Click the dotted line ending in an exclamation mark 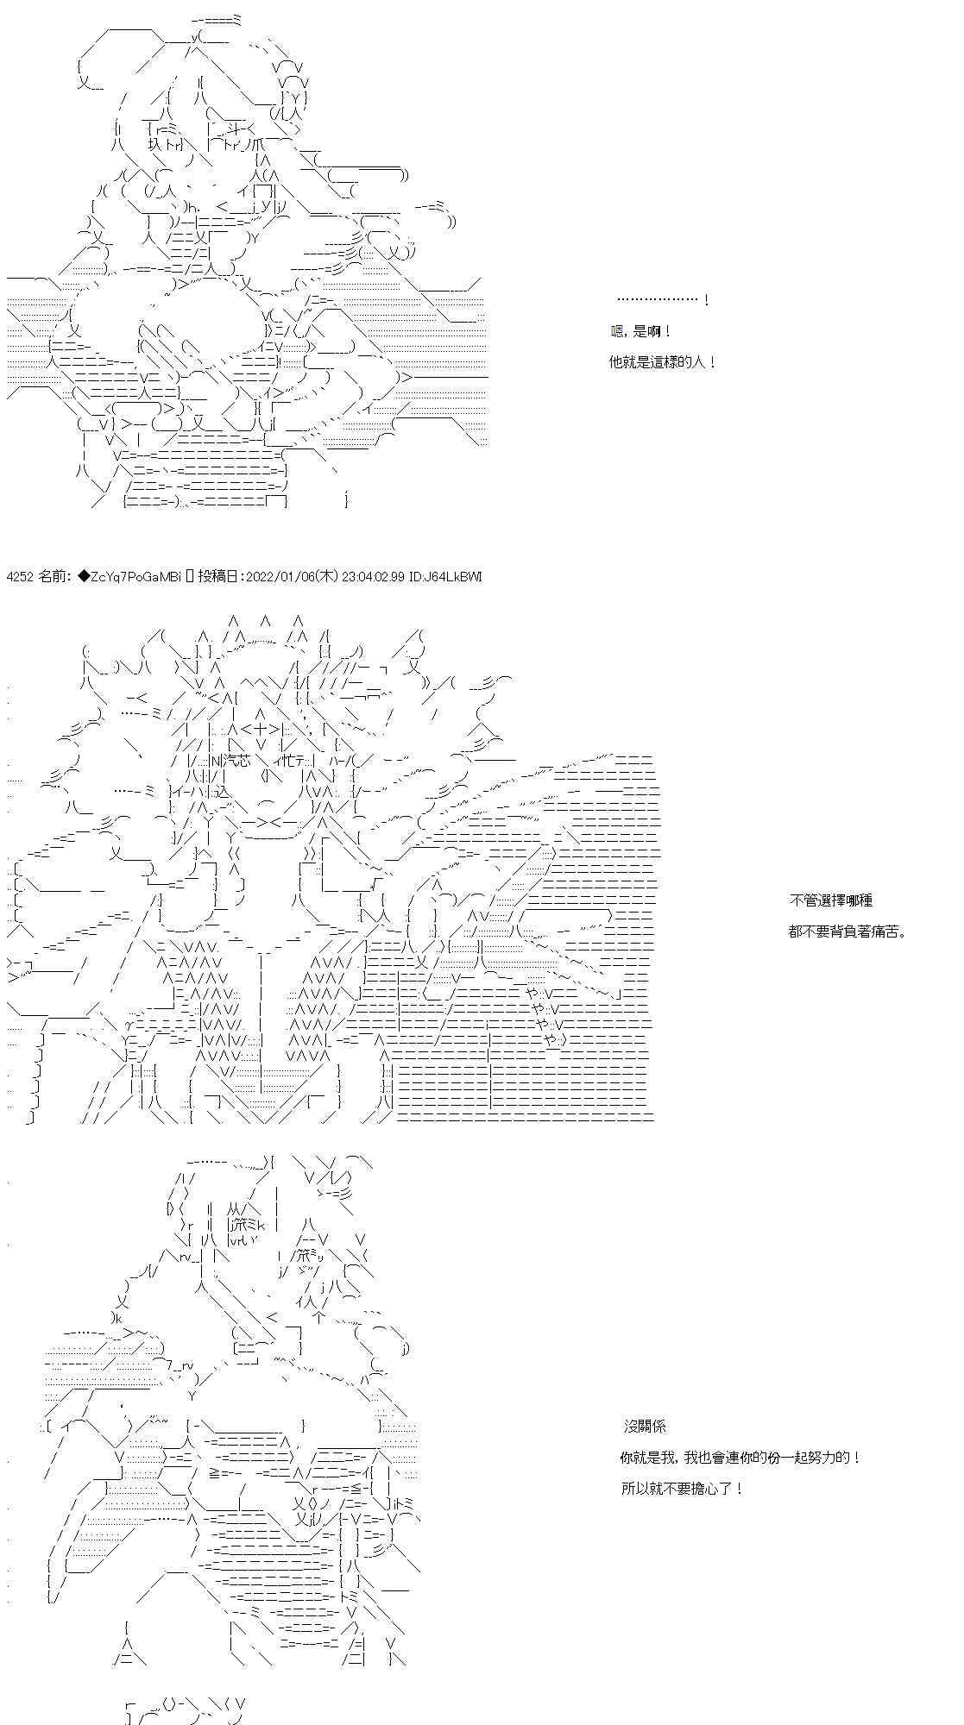pos(664,300)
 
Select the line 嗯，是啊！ pos(640,331)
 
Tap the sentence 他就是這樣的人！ pos(662,362)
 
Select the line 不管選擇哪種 pos(830,900)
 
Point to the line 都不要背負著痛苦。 pos(848,931)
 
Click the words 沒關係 pos(645,1427)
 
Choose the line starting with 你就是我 pos(740,1458)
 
